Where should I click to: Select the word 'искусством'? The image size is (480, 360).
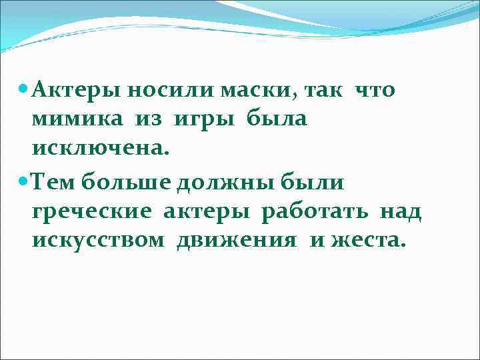coord(97,241)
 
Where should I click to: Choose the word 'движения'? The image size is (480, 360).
coord(237,241)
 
